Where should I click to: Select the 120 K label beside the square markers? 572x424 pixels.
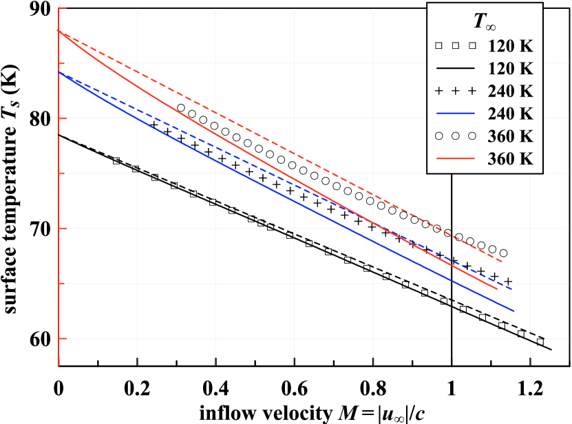pos(511,47)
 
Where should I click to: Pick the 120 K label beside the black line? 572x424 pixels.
pos(511,69)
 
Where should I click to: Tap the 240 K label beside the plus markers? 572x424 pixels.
pos(511,92)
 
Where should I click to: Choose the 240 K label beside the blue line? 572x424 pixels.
pos(511,114)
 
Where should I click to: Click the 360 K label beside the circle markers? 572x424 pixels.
pos(511,136)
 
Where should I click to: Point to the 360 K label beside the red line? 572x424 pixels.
pos(511,158)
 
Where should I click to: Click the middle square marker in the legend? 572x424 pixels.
pos(455,46)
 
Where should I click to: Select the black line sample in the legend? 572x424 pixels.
pos(455,69)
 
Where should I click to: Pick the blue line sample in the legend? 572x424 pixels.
pos(455,114)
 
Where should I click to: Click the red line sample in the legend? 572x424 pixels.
pos(455,158)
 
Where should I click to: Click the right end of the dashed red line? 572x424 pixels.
pos(502,262)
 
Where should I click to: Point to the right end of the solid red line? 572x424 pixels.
pos(497,288)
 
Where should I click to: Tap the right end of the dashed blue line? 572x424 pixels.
pos(511,288)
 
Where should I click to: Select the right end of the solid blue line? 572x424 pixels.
pos(514,311)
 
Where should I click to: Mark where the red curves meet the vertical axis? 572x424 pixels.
pos(60,32)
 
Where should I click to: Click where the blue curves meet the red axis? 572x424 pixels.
pos(60,72)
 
